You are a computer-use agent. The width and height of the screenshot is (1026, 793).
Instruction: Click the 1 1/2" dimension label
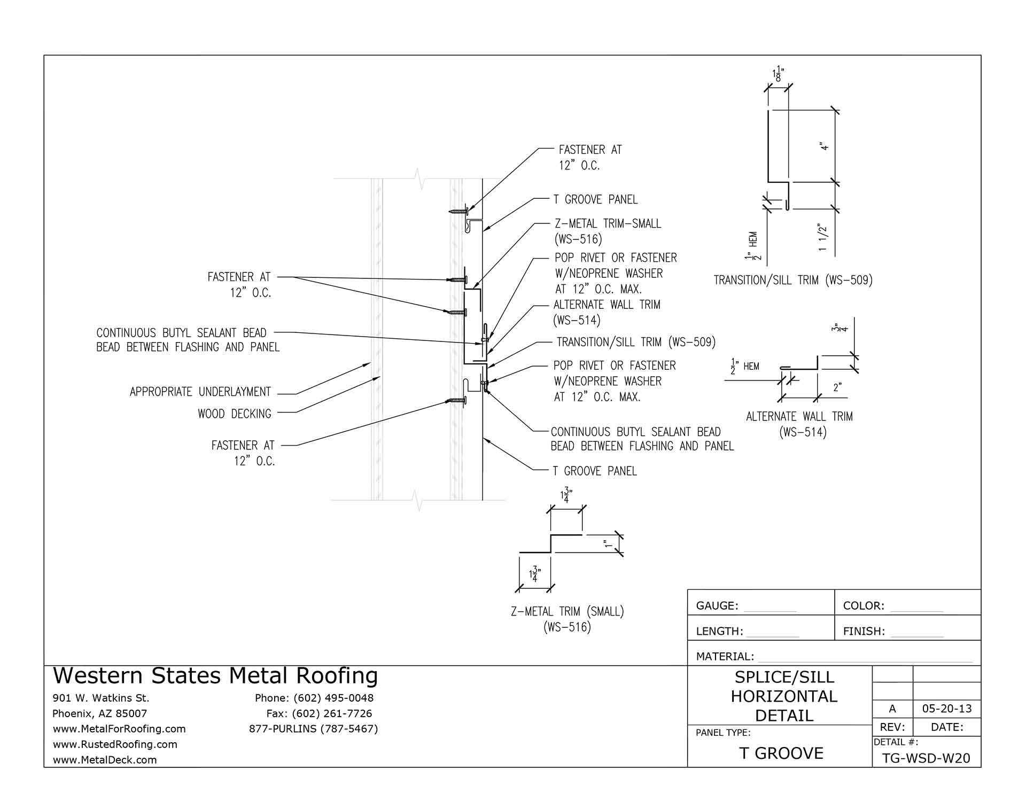tap(823, 238)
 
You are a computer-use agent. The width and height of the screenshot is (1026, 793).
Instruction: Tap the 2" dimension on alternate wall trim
tap(837, 387)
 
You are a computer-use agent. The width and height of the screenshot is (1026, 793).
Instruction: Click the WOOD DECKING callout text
tap(234, 414)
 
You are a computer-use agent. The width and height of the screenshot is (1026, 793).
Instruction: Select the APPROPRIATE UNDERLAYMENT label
tap(200, 392)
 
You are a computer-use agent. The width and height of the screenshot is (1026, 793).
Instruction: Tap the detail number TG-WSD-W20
tap(926, 758)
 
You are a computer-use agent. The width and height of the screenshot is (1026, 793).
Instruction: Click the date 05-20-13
tap(947, 709)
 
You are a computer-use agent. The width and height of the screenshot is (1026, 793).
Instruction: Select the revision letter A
tap(892, 709)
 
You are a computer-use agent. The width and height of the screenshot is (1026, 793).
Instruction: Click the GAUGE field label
tap(717, 606)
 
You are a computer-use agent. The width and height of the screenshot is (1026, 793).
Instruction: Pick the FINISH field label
tap(864, 632)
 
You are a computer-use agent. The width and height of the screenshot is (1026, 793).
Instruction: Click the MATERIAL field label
tap(725, 657)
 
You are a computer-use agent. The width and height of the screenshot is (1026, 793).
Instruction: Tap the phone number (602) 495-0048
tap(333, 698)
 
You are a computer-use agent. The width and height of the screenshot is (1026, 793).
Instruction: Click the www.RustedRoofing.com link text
tap(115, 744)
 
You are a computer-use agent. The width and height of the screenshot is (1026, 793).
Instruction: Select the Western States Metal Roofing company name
tap(215, 676)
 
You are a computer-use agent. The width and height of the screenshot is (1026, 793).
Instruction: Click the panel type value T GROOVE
tap(781, 753)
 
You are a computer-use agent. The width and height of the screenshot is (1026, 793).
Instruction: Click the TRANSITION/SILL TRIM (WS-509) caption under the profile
tap(793, 280)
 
